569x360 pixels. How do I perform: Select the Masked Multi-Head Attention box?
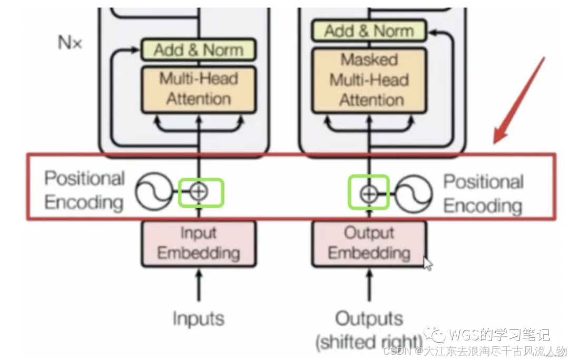point(369,80)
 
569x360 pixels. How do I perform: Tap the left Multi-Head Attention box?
point(199,89)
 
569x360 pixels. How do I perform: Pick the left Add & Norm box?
point(199,50)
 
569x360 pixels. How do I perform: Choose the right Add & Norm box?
point(369,31)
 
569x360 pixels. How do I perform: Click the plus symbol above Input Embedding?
point(199,192)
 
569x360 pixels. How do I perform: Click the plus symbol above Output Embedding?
point(369,193)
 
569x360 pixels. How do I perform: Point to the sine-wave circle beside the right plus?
point(414,193)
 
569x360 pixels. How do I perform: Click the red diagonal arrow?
point(518,100)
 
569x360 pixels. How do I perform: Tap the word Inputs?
point(199,318)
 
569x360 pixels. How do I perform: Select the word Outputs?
point(369,318)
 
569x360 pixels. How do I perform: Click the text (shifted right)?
point(369,342)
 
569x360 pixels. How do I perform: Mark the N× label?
point(70,43)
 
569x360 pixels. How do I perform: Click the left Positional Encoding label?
point(84,190)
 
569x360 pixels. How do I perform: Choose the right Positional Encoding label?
point(483,193)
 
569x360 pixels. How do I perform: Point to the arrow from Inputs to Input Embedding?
point(199,285)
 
